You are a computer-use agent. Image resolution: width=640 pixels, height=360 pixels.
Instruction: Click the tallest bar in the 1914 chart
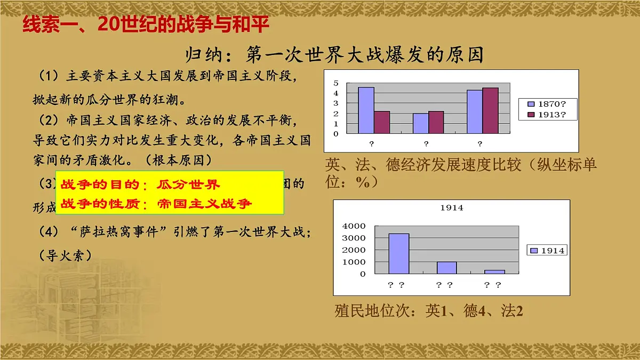point(398,253)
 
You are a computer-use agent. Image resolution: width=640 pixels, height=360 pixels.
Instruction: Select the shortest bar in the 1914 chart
point(494,271)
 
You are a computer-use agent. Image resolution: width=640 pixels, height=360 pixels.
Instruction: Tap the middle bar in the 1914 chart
point(446,267)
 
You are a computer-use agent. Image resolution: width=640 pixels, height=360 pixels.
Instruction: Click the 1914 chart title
point(452,208)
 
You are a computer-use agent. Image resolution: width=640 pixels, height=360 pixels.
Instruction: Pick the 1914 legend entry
point(547,250)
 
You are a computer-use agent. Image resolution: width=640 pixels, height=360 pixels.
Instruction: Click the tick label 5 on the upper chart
point(336,83)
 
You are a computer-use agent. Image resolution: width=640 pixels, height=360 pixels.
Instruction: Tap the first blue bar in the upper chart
point(366,110)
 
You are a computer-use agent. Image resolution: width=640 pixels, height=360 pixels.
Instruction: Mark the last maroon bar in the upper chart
point(490,110)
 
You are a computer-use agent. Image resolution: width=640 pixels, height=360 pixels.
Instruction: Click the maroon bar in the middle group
point(436,122)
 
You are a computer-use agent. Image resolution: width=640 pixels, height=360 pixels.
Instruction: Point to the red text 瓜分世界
point(188,185)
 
